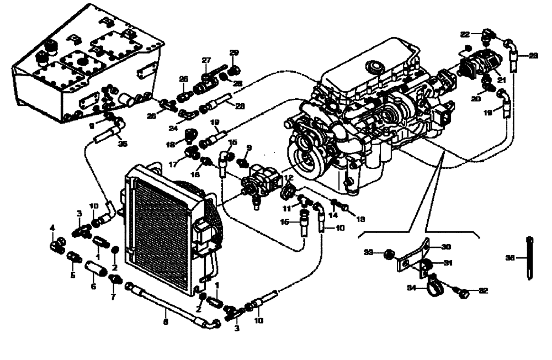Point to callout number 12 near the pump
pyautogui.click(x=288, y=177)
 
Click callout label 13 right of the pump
pyautogui.click(x=360, y=219)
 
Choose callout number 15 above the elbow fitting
pyautogui.click(x=233, y=142)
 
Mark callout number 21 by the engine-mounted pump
pyautogui.click(x=501, y=80)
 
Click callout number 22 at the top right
pyautogui.click(x=465, y=34)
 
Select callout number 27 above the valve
pyautogui.click(x=206, y=60)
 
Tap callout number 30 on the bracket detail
pyautogui.click(x=445, y=247)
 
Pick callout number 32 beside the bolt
pyautogui.click(x=483, y=290)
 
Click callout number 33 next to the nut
pyautogui.click(x=368, y=252)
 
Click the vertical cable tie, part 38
pyautogui.click(x=530, y=257)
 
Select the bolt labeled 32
pyautogui.click(x=463, y=292)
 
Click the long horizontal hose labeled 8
pyautogui.click(x=166, y=304)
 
